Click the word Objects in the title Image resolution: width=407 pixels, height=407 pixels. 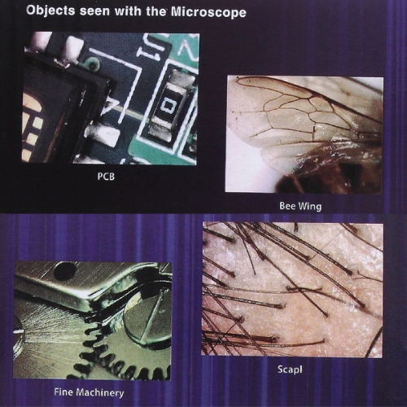point(50,11)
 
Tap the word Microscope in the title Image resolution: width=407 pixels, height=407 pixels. point(208,12)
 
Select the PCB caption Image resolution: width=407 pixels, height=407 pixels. point(106,177)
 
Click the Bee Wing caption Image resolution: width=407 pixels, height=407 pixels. point(300,206)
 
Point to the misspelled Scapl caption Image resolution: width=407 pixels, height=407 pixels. point(290,370)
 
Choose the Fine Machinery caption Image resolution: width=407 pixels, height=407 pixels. point(89,392)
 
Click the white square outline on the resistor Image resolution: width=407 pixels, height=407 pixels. point(166,105)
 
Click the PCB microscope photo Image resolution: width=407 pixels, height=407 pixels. point(110,98)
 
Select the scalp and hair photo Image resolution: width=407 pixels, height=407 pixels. point(292,289)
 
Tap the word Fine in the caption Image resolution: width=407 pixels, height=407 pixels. point(63,392)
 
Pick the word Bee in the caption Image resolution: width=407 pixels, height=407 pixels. point(287,206)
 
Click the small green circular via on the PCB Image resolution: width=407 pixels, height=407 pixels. point(92,63)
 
